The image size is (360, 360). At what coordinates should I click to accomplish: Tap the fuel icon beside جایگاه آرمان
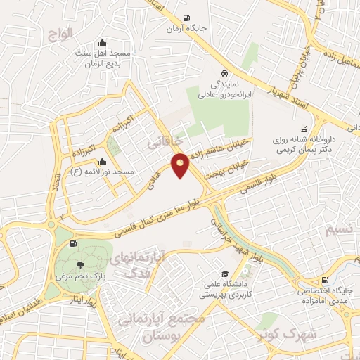186,19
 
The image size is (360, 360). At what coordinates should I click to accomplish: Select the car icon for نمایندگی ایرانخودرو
223,72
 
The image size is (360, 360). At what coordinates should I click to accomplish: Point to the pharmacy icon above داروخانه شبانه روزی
304,129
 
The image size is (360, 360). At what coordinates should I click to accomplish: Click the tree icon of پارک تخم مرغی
82,265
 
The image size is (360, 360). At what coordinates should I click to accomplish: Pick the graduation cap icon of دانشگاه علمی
224,274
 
